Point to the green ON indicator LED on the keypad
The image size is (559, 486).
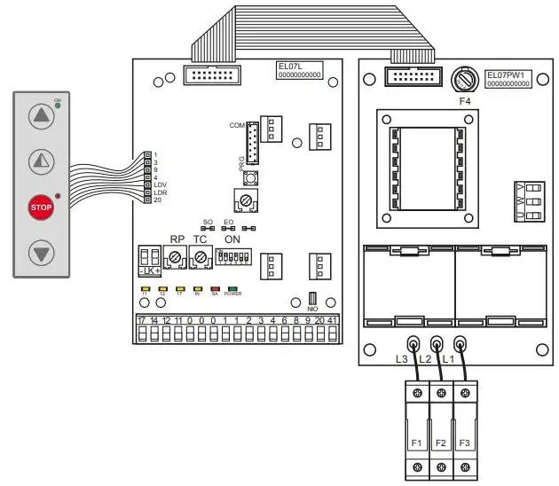tap(58, 106)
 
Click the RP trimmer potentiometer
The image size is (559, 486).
tap(177, 257)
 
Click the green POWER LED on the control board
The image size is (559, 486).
tap(232, 289)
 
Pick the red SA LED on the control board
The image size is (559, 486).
tap(215, 289)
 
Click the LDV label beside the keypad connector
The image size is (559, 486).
tap(161, 184)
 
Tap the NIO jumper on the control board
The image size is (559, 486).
tap(312, 299)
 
